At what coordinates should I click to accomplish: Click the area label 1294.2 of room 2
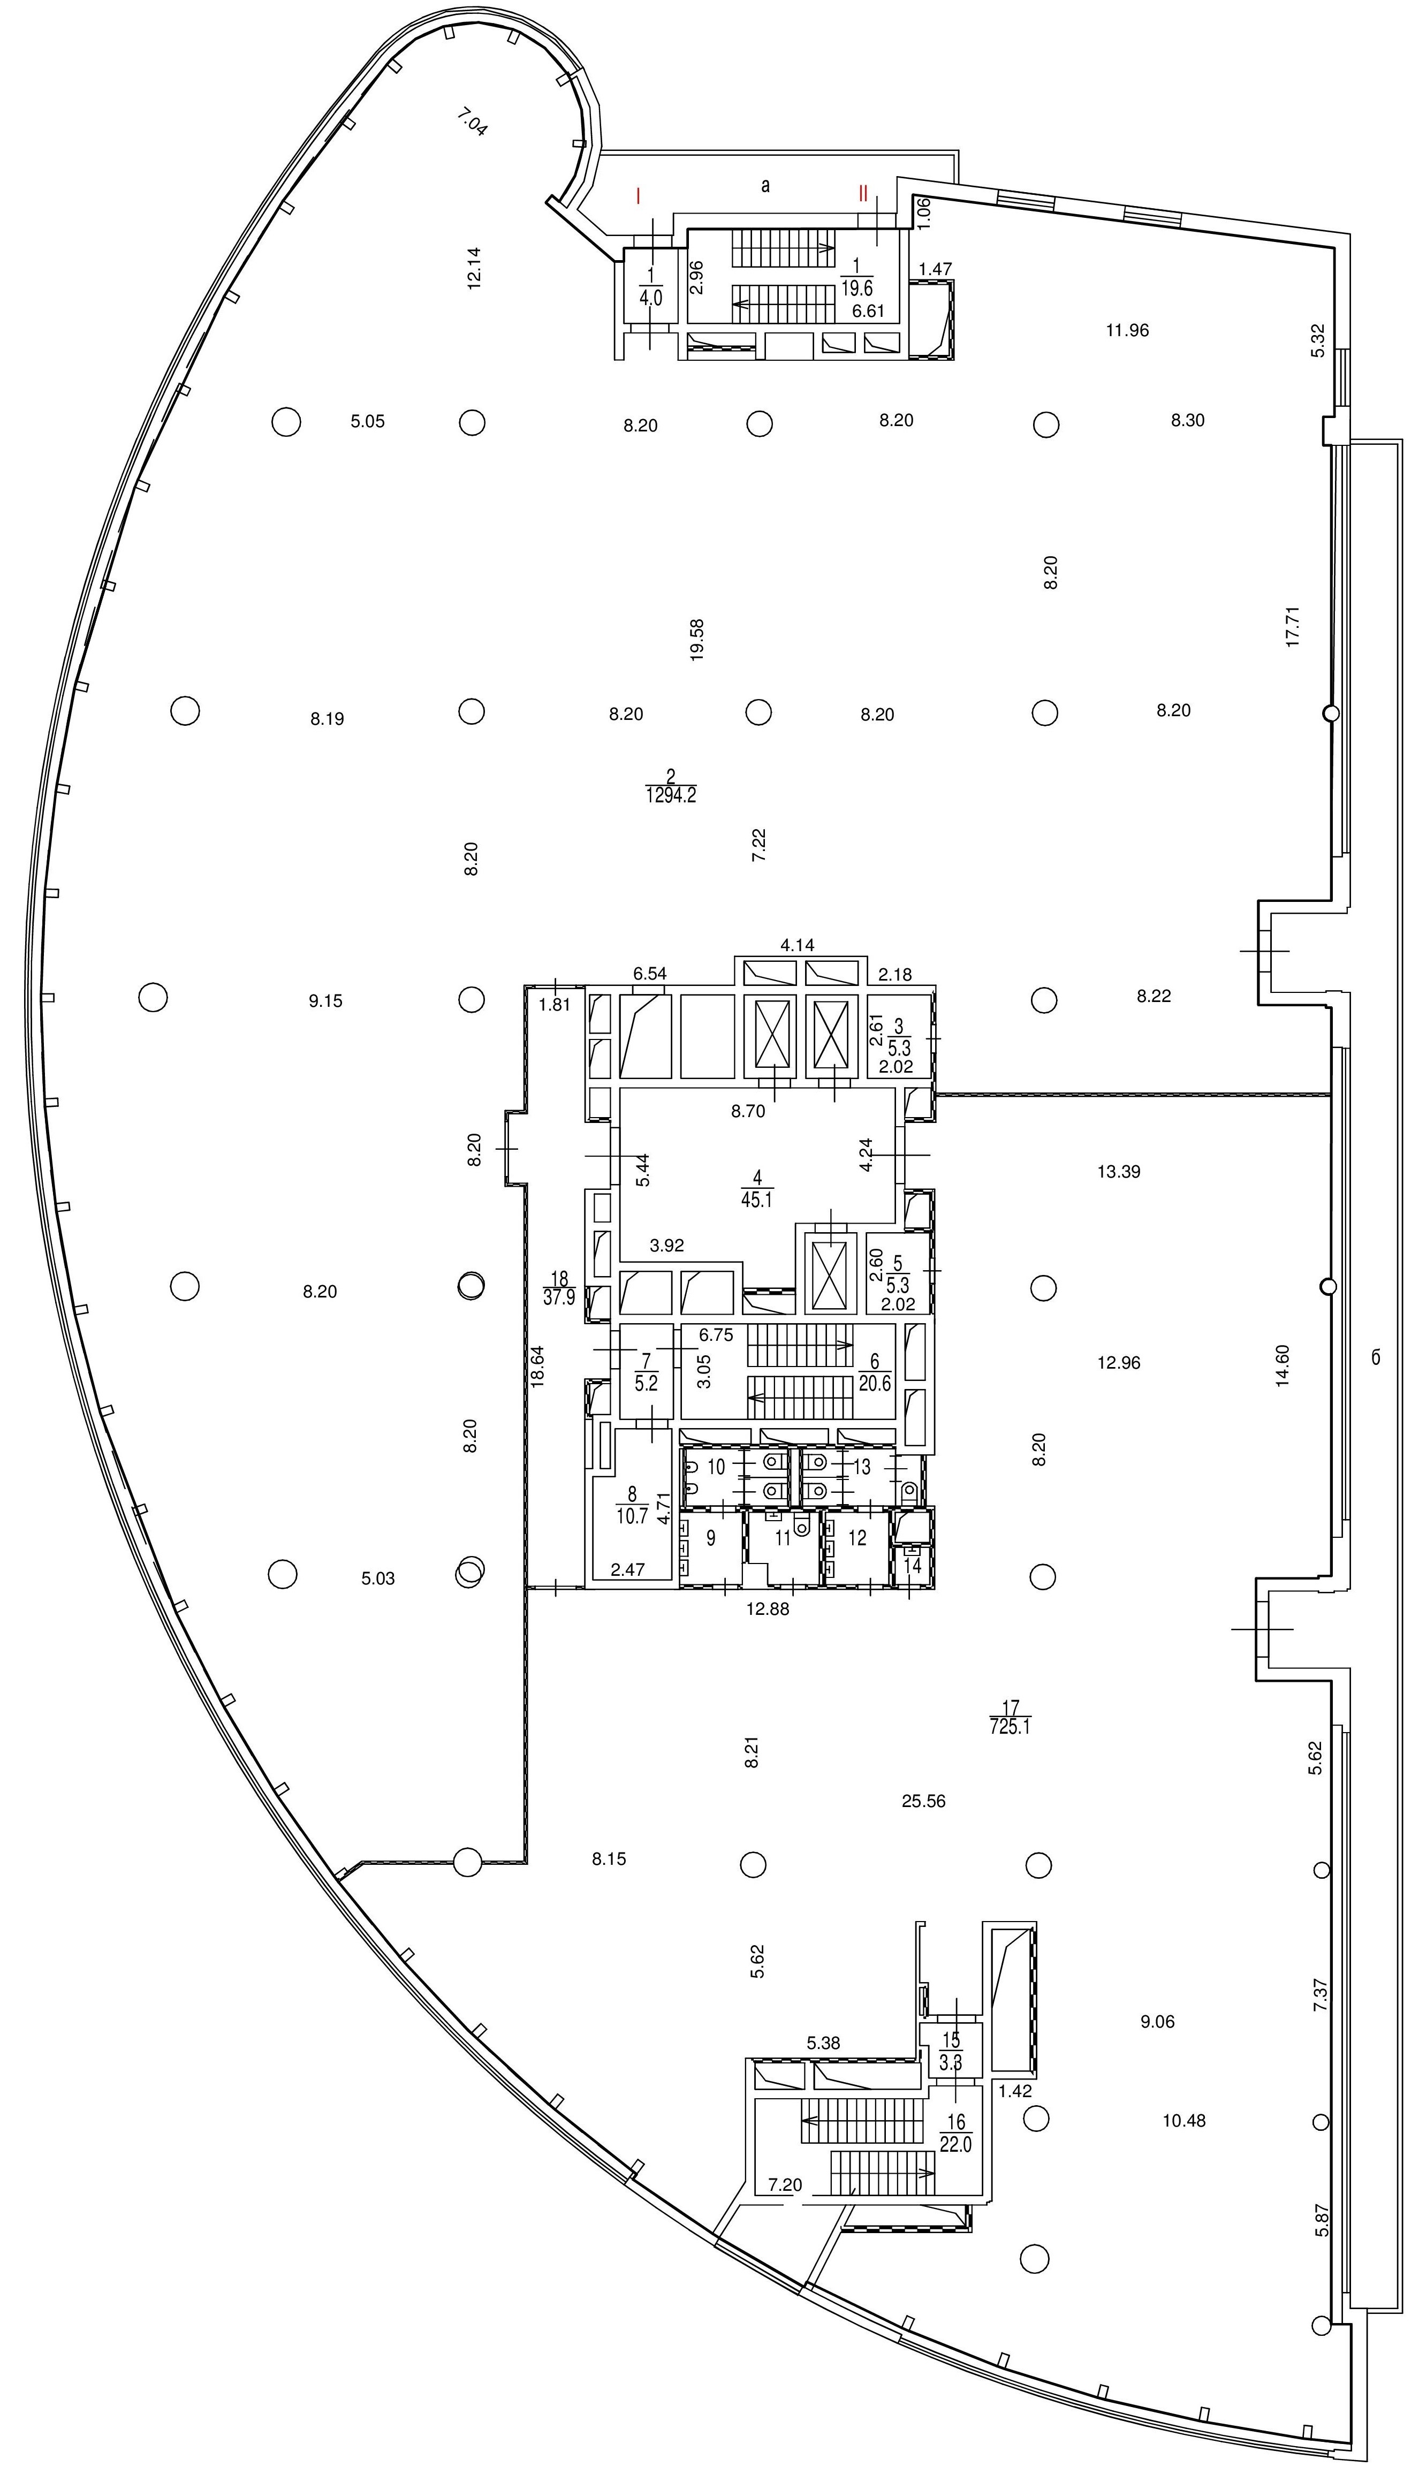pyautogui.click(x=671, y=796)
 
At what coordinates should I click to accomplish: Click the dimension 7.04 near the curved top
pyautogui.click(x=472, y=123)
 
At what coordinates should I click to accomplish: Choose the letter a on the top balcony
pyautogui.click(x=765, y=185)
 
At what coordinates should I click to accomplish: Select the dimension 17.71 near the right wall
pyautogui.click(x=1293, y=627)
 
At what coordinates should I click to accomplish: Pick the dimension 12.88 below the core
pyautogui.click(x=768, y=1609)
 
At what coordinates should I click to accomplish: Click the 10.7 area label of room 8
pyautogui.click(x=633, y=1516)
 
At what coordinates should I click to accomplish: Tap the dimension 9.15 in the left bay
pyautogui.click(x=325, y=1001)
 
